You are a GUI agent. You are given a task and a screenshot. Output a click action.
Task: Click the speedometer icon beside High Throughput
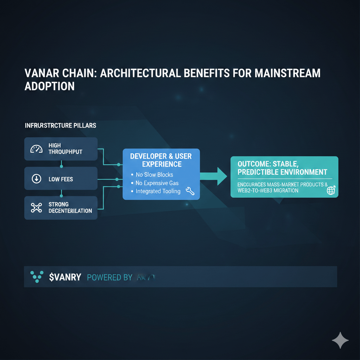click(36, 149)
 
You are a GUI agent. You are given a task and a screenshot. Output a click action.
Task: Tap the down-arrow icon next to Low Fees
click(36, 179)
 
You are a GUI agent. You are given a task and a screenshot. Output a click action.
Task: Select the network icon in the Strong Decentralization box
click(36, 207)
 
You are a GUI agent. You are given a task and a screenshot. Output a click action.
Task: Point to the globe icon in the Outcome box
click(331, 190)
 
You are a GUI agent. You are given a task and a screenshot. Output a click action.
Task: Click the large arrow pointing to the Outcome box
click(214, 176)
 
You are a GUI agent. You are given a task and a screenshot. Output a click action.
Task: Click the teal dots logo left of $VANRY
click(37, 277)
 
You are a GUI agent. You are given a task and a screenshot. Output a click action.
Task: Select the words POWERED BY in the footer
click(109, 277)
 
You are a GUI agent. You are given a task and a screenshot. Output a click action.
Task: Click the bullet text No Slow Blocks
click(154, 175)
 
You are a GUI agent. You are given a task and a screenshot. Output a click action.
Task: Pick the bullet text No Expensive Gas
click(157, 183)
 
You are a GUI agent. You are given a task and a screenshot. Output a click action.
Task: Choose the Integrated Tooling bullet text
click(158, 191)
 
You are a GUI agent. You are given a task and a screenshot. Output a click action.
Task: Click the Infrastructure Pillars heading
click(60, 126)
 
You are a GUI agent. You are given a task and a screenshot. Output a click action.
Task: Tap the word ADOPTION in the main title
click(50, 86)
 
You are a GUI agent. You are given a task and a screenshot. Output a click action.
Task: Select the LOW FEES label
click(61, 179)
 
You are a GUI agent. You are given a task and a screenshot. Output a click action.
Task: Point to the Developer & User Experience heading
click(161, 160)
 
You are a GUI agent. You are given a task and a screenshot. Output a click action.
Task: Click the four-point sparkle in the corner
click(340, 340)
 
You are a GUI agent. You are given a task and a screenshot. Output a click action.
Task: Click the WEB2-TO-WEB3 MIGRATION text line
click(268, 191)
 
